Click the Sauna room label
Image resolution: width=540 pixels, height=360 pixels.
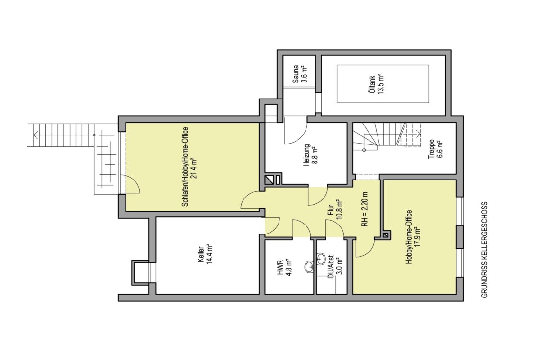299,74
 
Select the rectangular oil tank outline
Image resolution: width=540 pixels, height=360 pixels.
383,84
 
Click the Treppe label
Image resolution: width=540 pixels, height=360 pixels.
435,149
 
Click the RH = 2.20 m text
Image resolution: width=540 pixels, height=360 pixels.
365,209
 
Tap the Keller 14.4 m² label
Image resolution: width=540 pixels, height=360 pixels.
206,254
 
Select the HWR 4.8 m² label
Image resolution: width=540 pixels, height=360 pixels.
285,268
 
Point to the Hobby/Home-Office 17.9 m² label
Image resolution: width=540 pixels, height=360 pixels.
413,237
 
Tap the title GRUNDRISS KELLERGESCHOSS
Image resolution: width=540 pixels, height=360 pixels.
484,250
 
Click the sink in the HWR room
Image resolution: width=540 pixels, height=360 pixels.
308,266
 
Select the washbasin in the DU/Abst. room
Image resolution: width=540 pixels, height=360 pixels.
321,258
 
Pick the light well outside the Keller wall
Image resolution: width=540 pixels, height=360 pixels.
141,272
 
